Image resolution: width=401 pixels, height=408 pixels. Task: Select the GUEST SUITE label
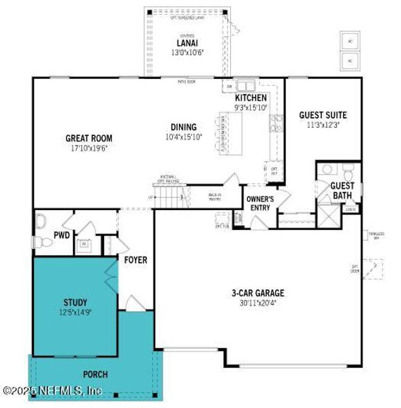coord(322,115)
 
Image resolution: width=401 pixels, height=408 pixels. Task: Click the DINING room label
coord(184,127)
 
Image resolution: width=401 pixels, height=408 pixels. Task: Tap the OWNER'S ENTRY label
coord(259,203)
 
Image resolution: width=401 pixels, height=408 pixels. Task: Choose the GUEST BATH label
coord(342,190)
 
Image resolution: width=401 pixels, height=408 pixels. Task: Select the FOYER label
coord(136,260)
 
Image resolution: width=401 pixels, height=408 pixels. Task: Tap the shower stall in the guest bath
coord(329,218)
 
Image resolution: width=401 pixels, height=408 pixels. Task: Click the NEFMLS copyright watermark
coord(53,390)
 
